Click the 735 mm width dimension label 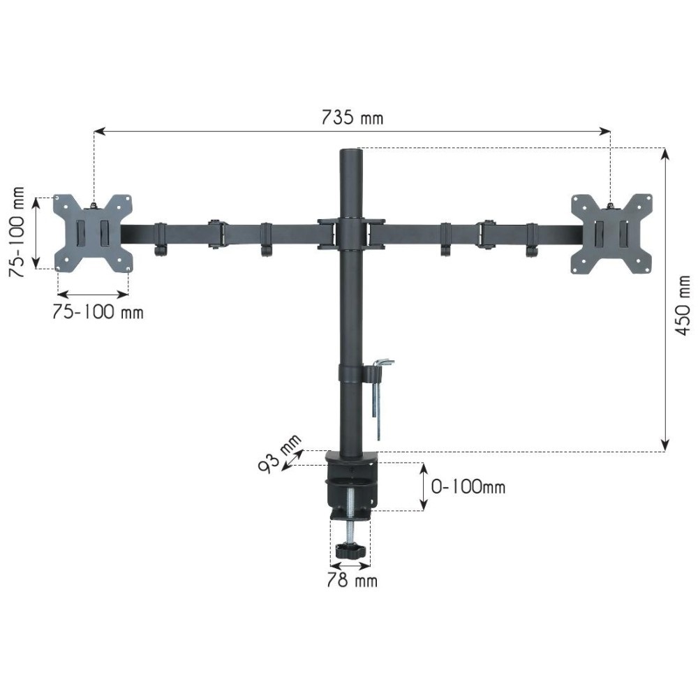pos(352,117)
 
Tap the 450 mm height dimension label pos(683,304)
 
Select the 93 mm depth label pos(280,453)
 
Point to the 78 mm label pos(352,581)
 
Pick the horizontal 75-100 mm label pos(98,312)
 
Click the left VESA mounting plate pos(94,232)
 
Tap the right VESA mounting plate pos(611,233)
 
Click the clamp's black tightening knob pos(350,551)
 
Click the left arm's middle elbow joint pos(215,233)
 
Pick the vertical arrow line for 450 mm pos(665,300)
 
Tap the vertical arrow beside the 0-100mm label pos(423,487)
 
